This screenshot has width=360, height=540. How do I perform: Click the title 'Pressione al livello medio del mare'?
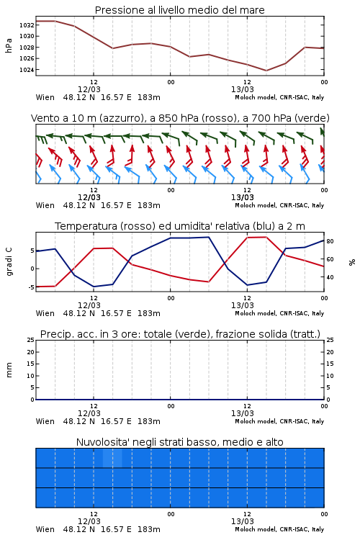(x=179, y=10)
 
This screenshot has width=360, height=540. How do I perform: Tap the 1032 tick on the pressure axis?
(x=26, y=25)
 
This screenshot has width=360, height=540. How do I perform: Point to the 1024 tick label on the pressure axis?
(x=26, y=70)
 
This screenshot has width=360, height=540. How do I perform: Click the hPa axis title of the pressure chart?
(x=9, y=45)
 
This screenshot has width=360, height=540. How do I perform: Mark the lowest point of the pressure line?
(x=266, y=71)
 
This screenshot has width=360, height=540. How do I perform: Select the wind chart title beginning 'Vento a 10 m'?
(x=180, y=118)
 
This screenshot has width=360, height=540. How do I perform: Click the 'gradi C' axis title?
(x=9, y=262)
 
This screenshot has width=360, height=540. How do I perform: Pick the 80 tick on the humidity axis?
(x=330, y=241)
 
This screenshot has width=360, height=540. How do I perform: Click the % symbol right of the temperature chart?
(x=352, y=262)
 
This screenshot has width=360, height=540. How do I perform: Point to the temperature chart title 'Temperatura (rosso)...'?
(x=180, y=226)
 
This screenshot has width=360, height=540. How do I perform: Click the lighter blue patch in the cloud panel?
(x=112, y=458)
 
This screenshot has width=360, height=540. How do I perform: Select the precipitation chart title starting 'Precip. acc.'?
(x=180, y=334)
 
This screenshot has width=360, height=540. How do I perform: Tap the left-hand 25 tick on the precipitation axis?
(x=31, y=340)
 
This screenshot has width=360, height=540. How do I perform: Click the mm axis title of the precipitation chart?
(x=9, y=370)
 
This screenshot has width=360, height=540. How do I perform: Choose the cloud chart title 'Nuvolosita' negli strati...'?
(x=179, y=442)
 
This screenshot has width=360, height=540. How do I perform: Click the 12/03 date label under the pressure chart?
(x=89, y=89)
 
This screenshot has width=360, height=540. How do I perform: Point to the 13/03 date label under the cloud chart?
(x=243, y=521)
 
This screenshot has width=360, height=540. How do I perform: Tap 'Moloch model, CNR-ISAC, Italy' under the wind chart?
(x=279, y=206)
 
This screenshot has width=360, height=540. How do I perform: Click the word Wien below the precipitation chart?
(x=45, y=421)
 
